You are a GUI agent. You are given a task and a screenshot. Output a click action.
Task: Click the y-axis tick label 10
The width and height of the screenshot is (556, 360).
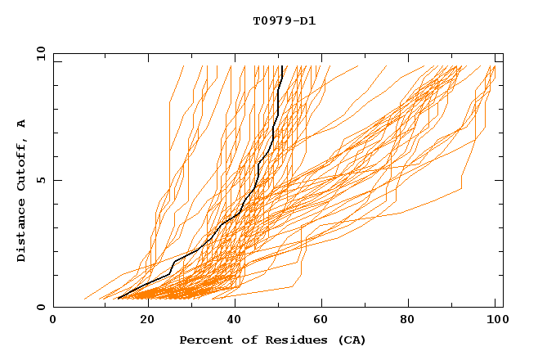point(39,53)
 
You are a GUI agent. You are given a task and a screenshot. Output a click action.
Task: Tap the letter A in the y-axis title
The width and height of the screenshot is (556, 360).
point(22,124)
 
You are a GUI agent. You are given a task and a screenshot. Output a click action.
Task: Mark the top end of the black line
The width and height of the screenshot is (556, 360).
point(282,66)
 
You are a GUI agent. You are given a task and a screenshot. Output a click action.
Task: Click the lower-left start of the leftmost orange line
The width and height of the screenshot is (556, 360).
point(84,299)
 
